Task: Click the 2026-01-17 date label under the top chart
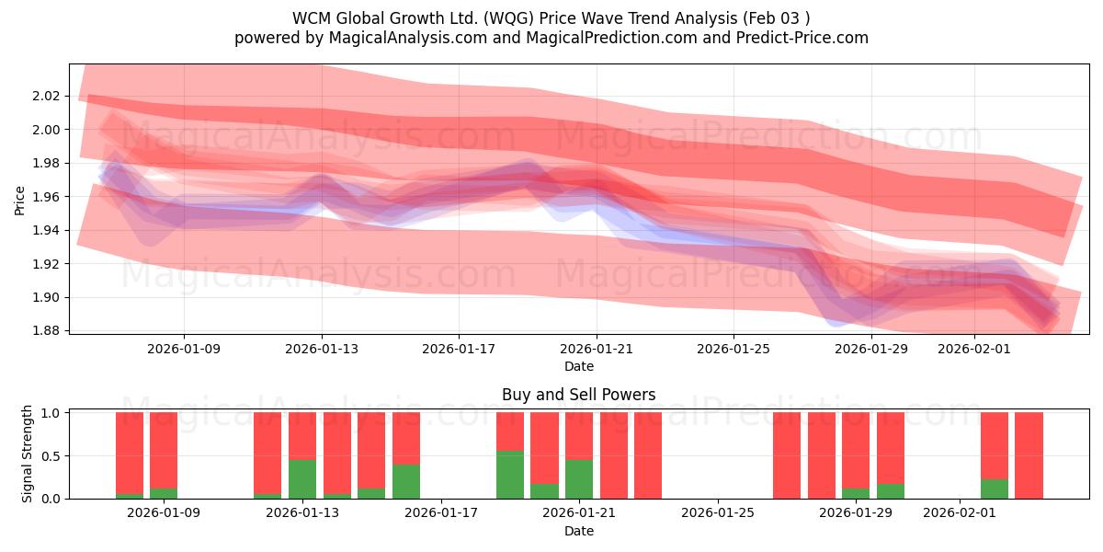point(459,349)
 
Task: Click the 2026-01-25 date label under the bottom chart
point(716,513)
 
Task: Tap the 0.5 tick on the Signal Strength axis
point(51,455)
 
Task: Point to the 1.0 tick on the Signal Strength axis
point(51,413)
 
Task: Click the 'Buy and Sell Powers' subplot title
point(578,395)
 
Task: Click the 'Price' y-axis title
point(20,200)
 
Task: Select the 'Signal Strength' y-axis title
point(28,454)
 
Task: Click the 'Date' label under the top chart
point(578,366)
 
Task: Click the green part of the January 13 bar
point(302,479)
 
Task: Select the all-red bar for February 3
point(1029,455)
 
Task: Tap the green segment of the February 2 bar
point(995,489)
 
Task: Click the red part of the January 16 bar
point(406,438)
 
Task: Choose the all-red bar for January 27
point(787,455)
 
